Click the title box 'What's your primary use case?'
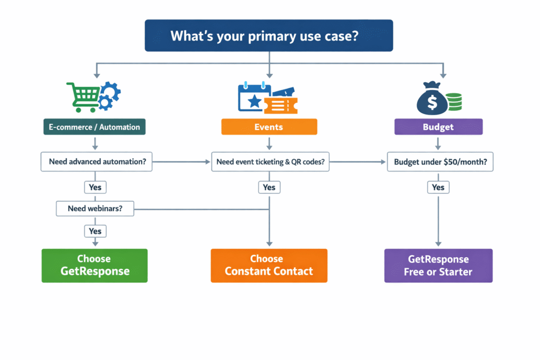point(269,36)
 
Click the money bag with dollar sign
point(431,99)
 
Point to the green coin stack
point(454,101)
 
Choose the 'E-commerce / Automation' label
point(94,127)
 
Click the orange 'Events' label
point(269,127)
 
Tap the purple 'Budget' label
point(438,127)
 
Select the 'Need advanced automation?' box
point(97,162)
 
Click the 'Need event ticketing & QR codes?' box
point(270,162)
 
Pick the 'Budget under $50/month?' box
point(440,162)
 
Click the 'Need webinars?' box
point(95,209)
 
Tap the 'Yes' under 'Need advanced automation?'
point(95,187)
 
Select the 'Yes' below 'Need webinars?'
point(95,231)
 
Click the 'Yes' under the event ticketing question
point(269,187)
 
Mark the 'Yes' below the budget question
point(438,187)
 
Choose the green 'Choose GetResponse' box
point(94,265)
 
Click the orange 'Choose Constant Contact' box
point(269,265)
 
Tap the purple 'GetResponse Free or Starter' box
point(438,265)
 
